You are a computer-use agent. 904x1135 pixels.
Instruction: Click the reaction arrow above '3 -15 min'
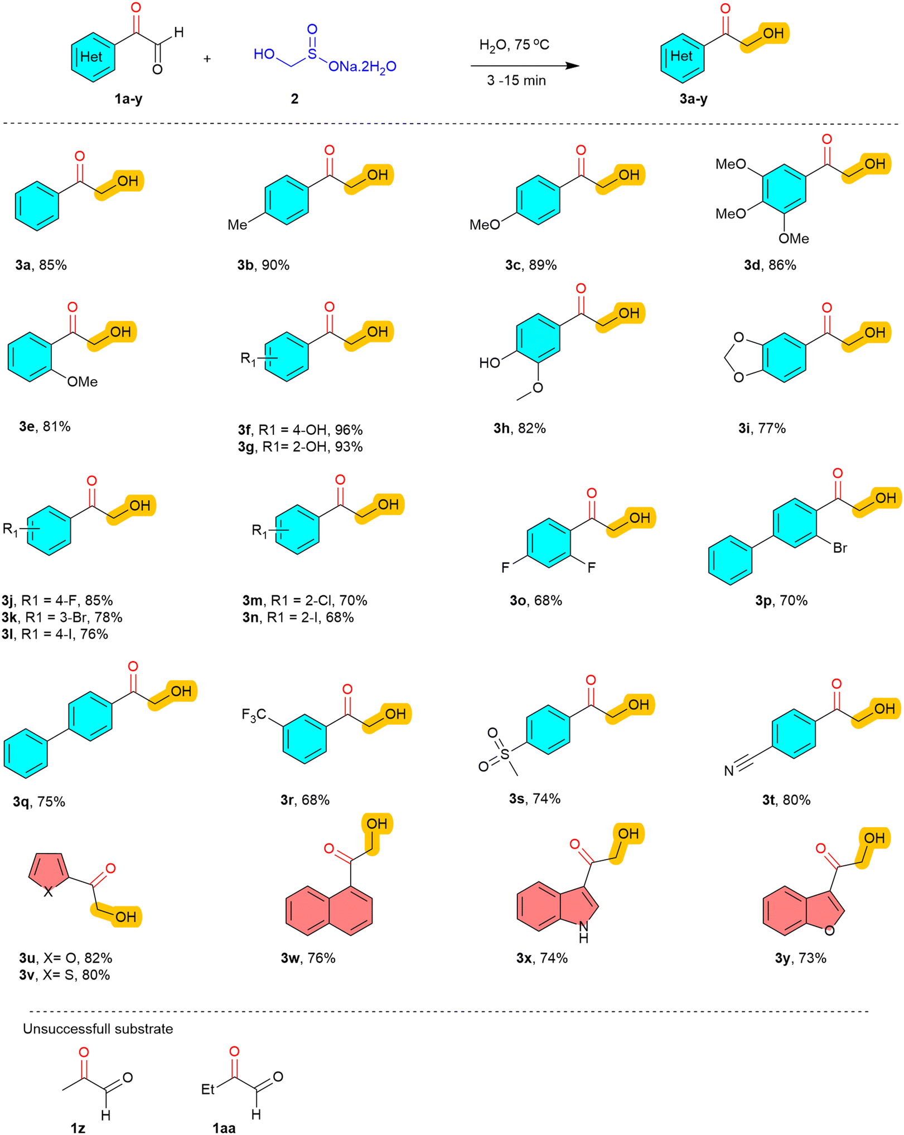pos(524,66)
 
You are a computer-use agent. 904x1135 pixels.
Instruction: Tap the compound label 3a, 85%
pos(41,265)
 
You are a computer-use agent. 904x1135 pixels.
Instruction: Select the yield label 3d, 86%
pos(770,265)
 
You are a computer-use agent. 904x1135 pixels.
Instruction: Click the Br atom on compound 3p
pos(840,548)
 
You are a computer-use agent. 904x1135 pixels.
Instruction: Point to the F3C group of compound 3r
pos(254,715)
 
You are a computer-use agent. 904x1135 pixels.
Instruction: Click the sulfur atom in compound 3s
pos(505,755)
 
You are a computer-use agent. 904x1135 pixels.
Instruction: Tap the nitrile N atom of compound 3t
pos(729,771)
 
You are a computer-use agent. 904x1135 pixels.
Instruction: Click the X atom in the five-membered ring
pos(49,892)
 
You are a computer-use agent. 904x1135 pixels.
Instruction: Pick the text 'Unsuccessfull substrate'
pos(98,1029)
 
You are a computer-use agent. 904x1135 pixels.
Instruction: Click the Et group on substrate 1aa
pos(208,1089)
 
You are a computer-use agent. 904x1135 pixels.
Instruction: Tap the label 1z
pos(78,1128)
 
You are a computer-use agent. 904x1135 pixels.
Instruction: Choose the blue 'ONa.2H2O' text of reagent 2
pos(362,67)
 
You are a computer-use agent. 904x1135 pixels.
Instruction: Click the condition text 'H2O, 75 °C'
pos(514,45)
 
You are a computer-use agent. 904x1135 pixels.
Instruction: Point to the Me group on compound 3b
pos(237,225)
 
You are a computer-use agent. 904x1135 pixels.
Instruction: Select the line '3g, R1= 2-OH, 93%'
pos(300,447)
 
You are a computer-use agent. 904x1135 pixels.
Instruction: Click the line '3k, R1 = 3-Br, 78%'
pos(62,617)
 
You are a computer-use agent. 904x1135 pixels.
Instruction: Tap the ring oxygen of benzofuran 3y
pos(829,930)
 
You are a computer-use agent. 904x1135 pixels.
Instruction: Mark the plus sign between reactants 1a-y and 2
pos(207,59)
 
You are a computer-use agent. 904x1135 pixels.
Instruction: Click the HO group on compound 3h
pos(489,363)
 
